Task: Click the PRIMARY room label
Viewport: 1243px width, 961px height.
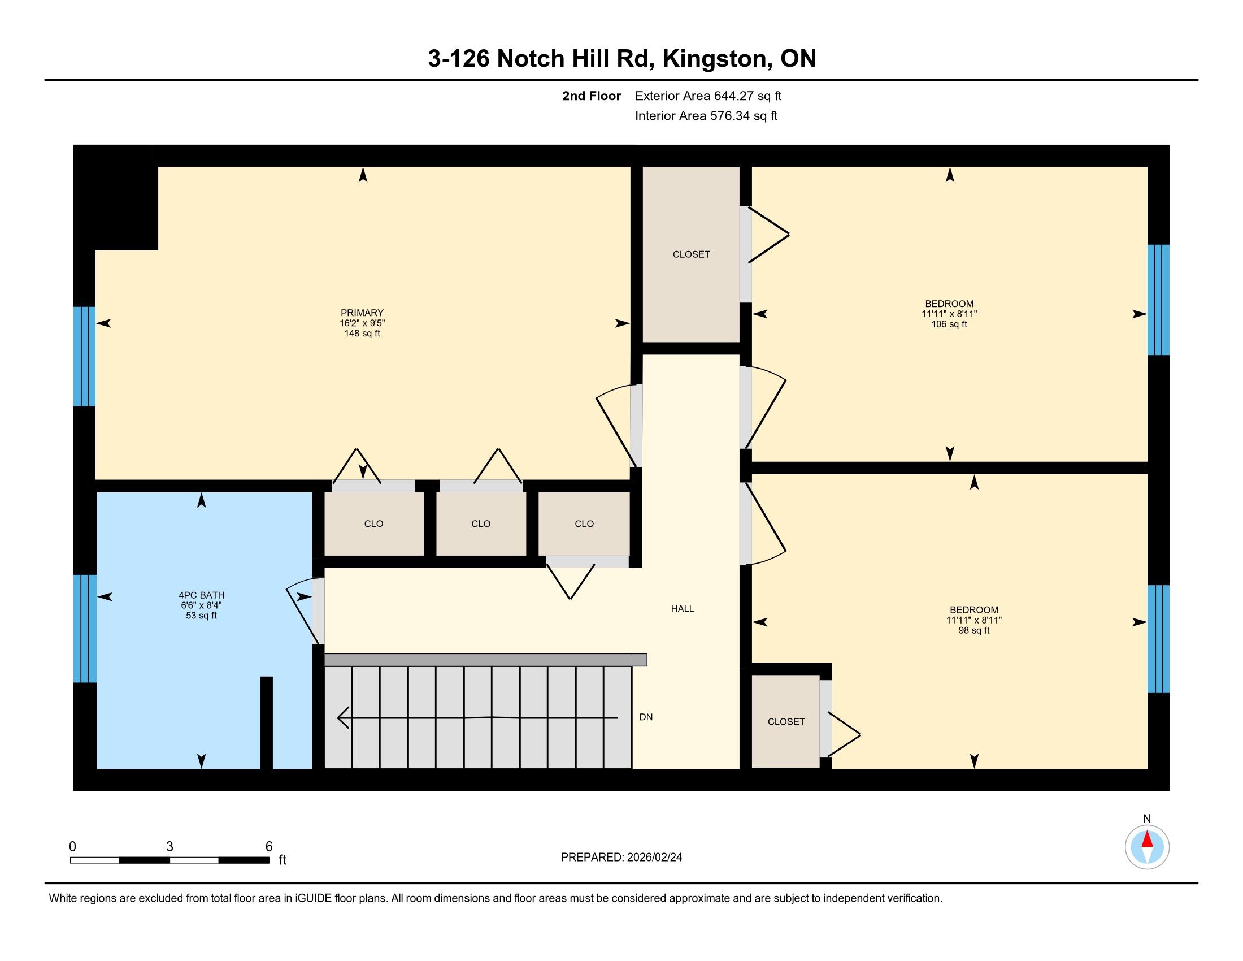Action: [x=362, y=313]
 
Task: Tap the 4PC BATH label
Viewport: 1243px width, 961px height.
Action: [x=202, y=595]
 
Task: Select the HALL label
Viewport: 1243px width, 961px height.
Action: [x=683, y=609]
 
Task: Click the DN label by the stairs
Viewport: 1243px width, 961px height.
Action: [x=646, y=717]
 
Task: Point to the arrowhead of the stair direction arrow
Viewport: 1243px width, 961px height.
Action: [x=342, y=717]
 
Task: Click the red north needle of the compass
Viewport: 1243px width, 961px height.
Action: [x=1148, y=839]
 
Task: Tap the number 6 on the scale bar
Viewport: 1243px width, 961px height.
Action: [x=269, y=847]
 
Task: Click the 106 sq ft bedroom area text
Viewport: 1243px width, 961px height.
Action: [x=949, y=324]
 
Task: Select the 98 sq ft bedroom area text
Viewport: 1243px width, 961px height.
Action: [x=974, y=630]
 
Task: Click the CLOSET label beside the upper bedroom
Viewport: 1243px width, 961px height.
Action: [x=691, y=254]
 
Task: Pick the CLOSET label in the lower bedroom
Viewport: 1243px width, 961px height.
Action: [x=786, y=721]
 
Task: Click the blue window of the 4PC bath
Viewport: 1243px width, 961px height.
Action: [x=85, y=629]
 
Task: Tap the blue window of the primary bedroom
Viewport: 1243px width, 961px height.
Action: [x=84, y=356]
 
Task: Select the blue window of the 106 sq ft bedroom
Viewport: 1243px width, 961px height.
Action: [x=1158, y=300]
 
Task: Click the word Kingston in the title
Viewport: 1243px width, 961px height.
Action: [x=714, y=59]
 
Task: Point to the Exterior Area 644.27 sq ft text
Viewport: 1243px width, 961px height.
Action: [x=708, y=96]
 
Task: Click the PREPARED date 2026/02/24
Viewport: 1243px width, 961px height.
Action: [x=653, y=857]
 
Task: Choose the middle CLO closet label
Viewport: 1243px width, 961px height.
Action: [x=481, y=524]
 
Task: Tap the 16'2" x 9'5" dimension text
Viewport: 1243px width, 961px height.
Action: [x=362, y=323]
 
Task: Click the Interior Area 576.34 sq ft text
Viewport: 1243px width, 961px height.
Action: [x=706, y=115]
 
